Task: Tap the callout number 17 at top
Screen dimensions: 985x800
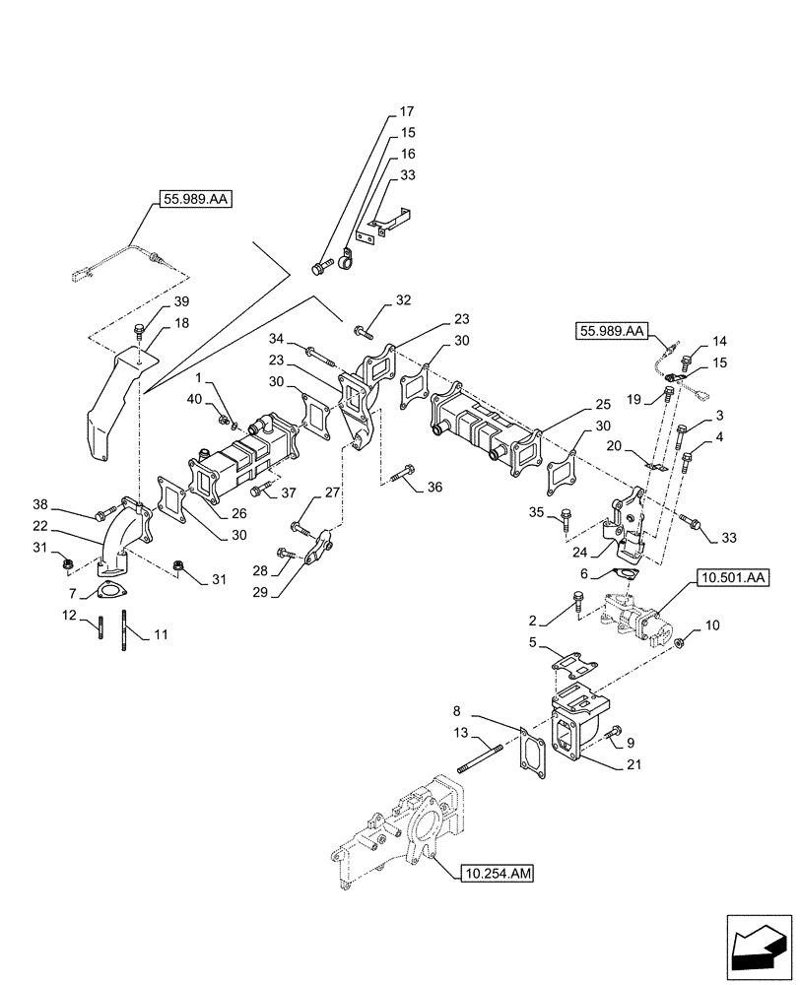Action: click(x=407, y=111)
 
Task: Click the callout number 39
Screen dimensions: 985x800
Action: click(x=155, y=301)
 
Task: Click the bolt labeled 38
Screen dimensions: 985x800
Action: click(x=102, y=514)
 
